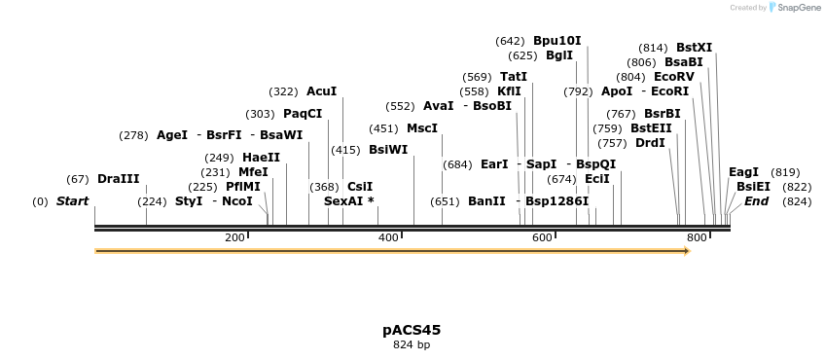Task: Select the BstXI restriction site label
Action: click(x=694, y=47)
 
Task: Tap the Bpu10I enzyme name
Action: click(x=556, y=41)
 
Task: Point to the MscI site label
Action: click(x=422, y=127)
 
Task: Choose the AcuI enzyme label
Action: click(x=321, y=91)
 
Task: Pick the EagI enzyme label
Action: click(x=743, y=172)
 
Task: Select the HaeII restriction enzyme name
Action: click(x=261, y=158)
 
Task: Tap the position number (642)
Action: click(x=510, y=41)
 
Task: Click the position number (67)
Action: click(x=78, y=179)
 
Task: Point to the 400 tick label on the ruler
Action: click(x=388, y=237)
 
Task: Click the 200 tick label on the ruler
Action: click(x=234, y=237)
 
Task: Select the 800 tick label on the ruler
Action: click(x=697, y=237)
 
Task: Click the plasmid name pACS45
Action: click(x=412, y=330)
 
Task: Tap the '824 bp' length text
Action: click(x=412, y=344)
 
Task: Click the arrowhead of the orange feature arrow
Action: click(x=687, y=251)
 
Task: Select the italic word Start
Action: click(x=72, y=201)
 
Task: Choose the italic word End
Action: click(x=756, y=201)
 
